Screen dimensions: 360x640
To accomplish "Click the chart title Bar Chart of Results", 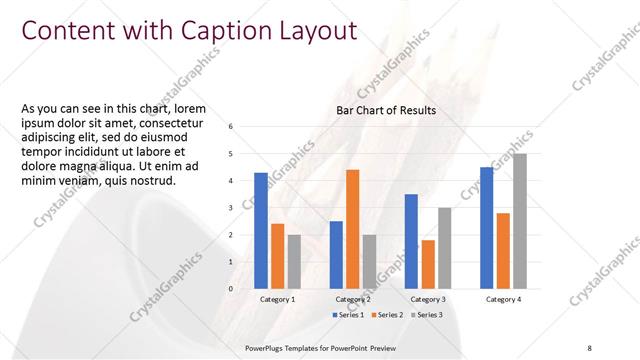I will click(x=386, y=109).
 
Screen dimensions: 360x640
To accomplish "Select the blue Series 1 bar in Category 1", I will click(x=261, y=231).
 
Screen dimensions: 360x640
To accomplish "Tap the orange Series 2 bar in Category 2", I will click(x=352, y=229).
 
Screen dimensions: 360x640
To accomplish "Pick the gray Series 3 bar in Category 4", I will click(x=519, y=221).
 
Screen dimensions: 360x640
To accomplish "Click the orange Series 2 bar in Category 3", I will click(x=428, y=264).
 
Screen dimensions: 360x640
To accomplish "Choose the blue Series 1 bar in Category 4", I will click(x=486, y=228).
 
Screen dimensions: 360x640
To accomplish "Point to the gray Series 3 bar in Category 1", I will click(x=294, y=262).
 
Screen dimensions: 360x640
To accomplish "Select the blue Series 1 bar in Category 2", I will click(x=336, y=255).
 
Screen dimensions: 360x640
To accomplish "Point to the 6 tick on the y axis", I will click(x=231, y=127).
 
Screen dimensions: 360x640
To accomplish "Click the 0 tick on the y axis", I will click(x=231, y=289).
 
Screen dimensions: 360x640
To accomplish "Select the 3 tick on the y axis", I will click(x=231, y=208).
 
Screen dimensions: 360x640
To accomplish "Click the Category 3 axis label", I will click(x=427, y=299).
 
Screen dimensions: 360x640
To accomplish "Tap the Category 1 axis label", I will click(x=277, y=299).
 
